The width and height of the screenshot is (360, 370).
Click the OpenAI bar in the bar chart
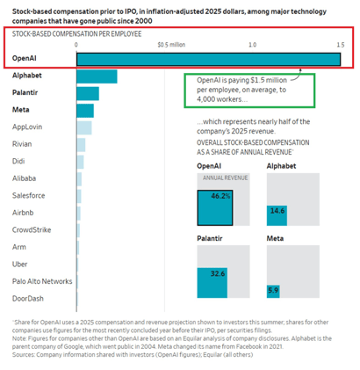(208, 59)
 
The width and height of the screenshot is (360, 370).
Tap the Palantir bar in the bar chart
(87, 93)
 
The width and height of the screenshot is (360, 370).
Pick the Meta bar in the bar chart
(84, 110)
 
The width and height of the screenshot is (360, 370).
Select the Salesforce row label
(28, 195)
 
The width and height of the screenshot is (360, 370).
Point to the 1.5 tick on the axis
(337, 42)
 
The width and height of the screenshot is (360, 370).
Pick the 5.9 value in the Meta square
(273, 289)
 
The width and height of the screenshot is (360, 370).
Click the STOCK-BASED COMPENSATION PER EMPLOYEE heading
(68, 34)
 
